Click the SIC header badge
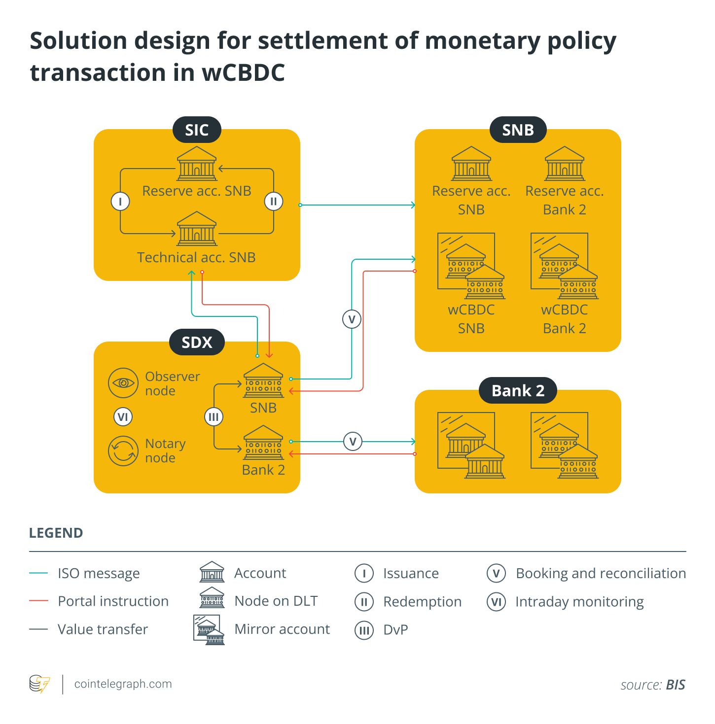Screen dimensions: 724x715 (197, 130)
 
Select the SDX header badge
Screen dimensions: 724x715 (197, 343)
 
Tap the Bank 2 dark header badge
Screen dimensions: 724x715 (518, 391)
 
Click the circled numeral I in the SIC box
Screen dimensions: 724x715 (120, 201)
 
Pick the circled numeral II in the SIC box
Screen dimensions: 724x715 (274, 201)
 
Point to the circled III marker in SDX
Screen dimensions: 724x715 (214, 417)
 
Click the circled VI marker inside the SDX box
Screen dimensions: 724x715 (123, 417)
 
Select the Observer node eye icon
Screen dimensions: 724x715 (123, 383)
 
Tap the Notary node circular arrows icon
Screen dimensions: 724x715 (123, 451)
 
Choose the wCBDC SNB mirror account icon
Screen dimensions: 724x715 (471, 266)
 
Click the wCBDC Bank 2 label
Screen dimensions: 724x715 (564, 319)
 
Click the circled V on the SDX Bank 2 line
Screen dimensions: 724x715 (353, 442)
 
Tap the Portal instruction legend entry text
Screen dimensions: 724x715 (113, 601)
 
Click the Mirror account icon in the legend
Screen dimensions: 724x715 (209, 630)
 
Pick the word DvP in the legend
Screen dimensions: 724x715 (395, 630)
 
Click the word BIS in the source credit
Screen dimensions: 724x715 (675, 685)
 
